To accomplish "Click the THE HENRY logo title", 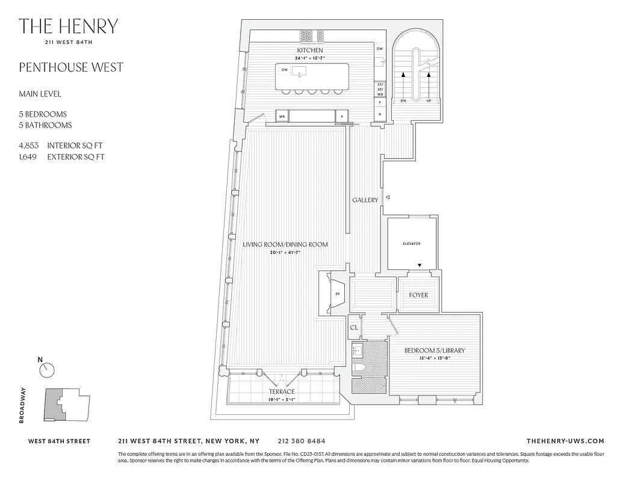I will (68, 26).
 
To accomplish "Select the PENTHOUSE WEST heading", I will (71, 67).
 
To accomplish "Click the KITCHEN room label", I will (309, 50).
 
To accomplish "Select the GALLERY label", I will (365, 200).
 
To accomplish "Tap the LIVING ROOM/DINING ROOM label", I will (285, 245).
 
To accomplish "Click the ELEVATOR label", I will (412, 244).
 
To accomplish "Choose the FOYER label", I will (418, 295).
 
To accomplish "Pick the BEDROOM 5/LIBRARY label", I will (434, 351).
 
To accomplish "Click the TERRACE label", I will (281, 392).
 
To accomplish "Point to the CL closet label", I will (354, 328).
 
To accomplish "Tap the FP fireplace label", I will (337, 294).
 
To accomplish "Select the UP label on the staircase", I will (429, 101).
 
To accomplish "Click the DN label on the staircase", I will (403, 101).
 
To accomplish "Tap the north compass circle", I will (47, 370).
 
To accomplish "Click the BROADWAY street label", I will (23, 406).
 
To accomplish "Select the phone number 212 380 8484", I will (302, 441).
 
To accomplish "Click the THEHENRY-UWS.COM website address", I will (565, 441).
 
